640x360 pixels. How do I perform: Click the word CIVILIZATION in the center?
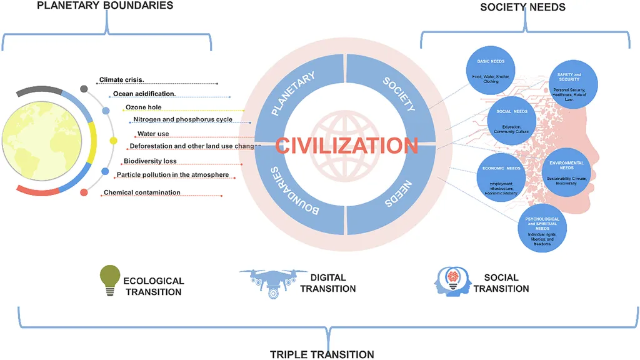pyautogui.click(x=346, y=146)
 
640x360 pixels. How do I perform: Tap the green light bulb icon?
pyautogui.click(x=110, y=279)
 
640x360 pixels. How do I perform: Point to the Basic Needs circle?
pyautogui.click(x=490, y=69)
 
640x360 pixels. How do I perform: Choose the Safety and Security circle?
pyautogui.click(x=572, y=84)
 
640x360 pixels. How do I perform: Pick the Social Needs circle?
pyautogui.click(x=512, y=121)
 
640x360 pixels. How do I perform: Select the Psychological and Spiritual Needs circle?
pyautogui.click(x=542, y=228)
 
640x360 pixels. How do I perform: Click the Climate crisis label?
pyautogui.click(x=122, y=80)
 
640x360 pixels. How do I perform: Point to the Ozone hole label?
pyautogui.click(x=143, y=107)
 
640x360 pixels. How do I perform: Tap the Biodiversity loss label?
pyautogui.click(x=150, y=161)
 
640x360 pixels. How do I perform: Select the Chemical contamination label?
pyautogui.click(x=142, y=192)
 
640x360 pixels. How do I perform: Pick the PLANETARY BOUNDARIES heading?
pyautogui.click(x=104, y=6)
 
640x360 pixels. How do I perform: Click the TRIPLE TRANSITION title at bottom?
pyautogui.click(x=322, y=354)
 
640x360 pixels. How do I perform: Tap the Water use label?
pyautogui.click(x=153, y=134)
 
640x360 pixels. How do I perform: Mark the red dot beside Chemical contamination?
pyautogui.click(x=84, y=192)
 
